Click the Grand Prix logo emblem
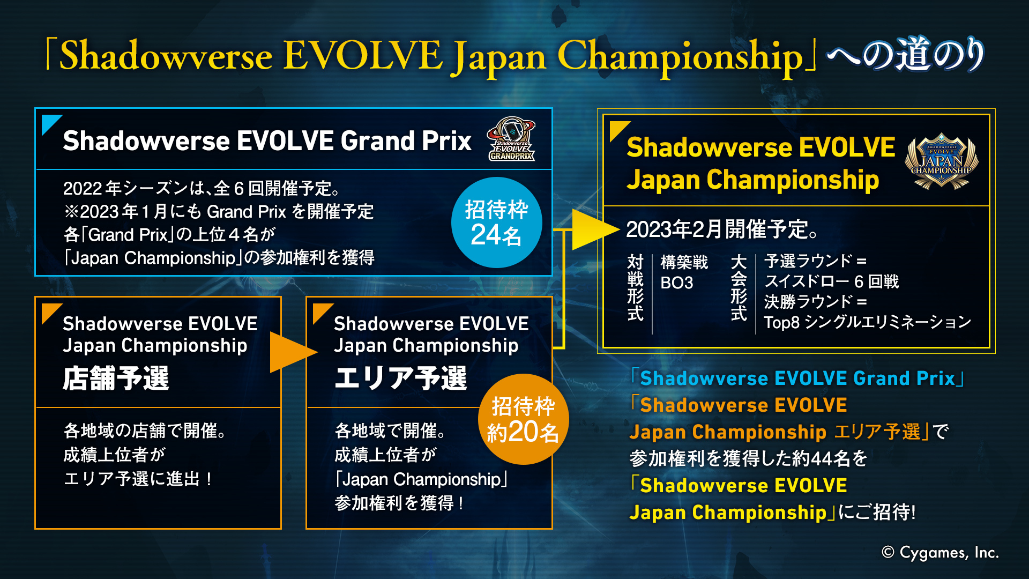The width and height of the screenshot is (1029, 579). [x=511, y=139]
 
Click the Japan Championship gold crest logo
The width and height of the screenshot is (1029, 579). [x=941, y=161]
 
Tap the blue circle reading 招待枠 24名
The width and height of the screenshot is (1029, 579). [x=496, y=222]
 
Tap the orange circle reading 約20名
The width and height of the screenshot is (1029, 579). [x=523, y=420]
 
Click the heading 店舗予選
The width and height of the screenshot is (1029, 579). [x=116, y=378]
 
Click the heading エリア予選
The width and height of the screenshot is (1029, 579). [x=400, y=378]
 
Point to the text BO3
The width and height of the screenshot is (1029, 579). [x=676, y=283]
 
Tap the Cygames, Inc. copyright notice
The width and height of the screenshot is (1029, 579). [x=940, y=552]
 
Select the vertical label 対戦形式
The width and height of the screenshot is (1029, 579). [x=635, y=287]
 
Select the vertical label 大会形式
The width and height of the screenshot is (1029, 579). [x=739, y=287]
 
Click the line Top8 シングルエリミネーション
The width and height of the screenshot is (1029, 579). [x=867, y=322]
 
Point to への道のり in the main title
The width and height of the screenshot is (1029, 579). [x=905, y=55]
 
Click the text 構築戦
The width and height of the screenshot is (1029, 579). [x=684, y=262]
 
